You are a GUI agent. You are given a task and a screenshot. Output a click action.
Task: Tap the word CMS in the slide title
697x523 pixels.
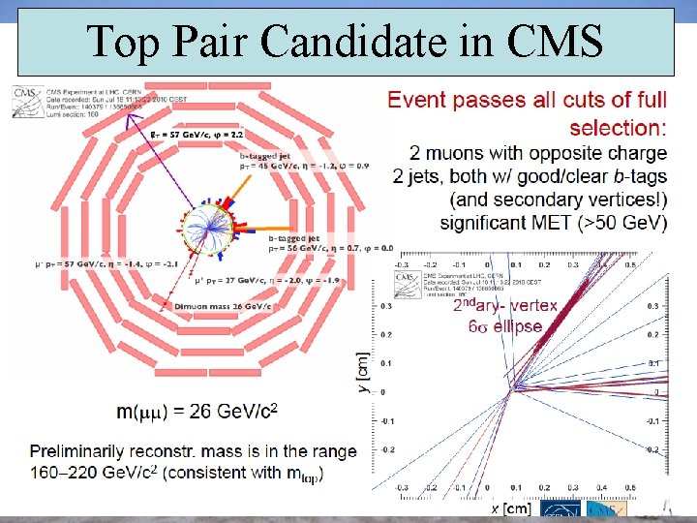click(x=559, y=41)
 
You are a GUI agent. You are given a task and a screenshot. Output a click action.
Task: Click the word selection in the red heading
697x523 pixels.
click(x=618, y=128)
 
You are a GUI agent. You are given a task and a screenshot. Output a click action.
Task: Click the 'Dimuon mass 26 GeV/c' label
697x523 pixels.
click(x=223, y=307)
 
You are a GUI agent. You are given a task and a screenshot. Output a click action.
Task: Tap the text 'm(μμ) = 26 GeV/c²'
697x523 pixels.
click(x=197, y=412)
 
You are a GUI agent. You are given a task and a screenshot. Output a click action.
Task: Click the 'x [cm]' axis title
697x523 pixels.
click(x=510, y=508)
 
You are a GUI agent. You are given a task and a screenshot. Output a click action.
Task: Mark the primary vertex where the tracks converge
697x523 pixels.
click(x=515, y=387)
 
